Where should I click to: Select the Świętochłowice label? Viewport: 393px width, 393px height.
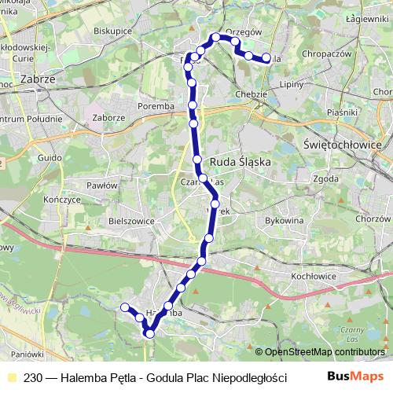(x=341, y=145)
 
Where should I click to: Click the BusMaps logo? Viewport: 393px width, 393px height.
(x=358, y=377)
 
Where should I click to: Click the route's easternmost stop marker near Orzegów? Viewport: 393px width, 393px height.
(x=266, y=57)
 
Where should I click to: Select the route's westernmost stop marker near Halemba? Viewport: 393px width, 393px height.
(x=124, y=307)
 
